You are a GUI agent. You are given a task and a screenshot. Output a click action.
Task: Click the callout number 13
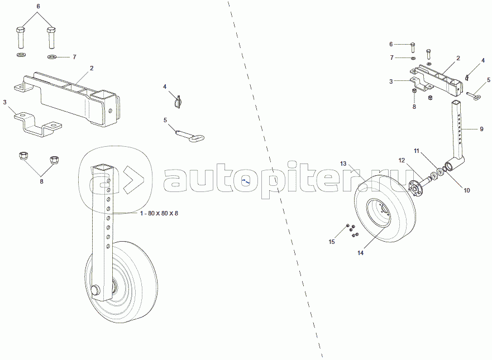(x=344, y=164)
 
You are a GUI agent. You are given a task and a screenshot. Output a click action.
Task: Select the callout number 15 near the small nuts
(x=331, y=242)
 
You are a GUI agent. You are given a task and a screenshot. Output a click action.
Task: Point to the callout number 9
(x=481, y=129)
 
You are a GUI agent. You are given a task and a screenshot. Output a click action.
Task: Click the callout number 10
(x=467, y=190)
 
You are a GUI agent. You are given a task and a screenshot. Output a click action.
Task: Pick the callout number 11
(x=416, y=151)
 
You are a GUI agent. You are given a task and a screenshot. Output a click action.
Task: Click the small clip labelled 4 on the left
(x=178, y=102)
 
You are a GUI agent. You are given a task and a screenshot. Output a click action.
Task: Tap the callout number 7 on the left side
(x=74, y=57)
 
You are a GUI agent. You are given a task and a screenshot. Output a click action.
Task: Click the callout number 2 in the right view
(x=458, y=58)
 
